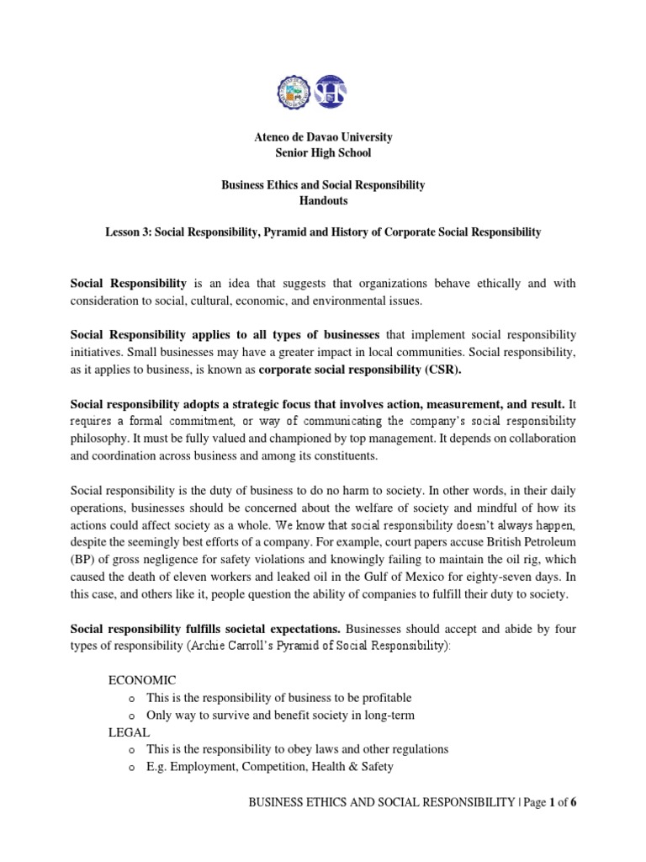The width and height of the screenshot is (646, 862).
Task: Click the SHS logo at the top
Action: point(330,91)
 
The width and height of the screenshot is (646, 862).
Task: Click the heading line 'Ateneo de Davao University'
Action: point(323,137)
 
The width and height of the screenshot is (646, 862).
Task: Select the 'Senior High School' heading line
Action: point(323,153)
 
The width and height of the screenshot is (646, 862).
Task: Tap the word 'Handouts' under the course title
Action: point(323,201)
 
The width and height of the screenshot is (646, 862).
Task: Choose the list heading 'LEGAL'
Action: point(129,732)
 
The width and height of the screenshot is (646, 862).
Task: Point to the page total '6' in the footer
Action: point(574,802)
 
